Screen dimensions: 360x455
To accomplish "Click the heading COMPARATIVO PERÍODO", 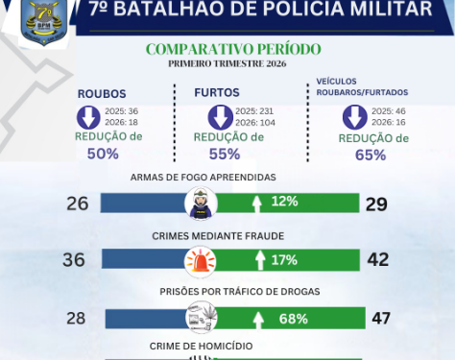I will click(233, 49).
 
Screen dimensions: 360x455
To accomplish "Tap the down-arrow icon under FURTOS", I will click(221, 117).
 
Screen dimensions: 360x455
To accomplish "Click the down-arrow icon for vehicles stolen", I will click(355, 117).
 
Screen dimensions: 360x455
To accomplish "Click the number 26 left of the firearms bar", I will click(79, 203).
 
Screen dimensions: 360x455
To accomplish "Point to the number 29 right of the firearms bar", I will click(376, 203).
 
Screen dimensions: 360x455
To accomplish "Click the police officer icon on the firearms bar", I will click(202, 203).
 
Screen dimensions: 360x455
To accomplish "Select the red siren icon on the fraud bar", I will click(202, 260).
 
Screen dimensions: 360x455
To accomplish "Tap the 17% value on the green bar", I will click(284, 260).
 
